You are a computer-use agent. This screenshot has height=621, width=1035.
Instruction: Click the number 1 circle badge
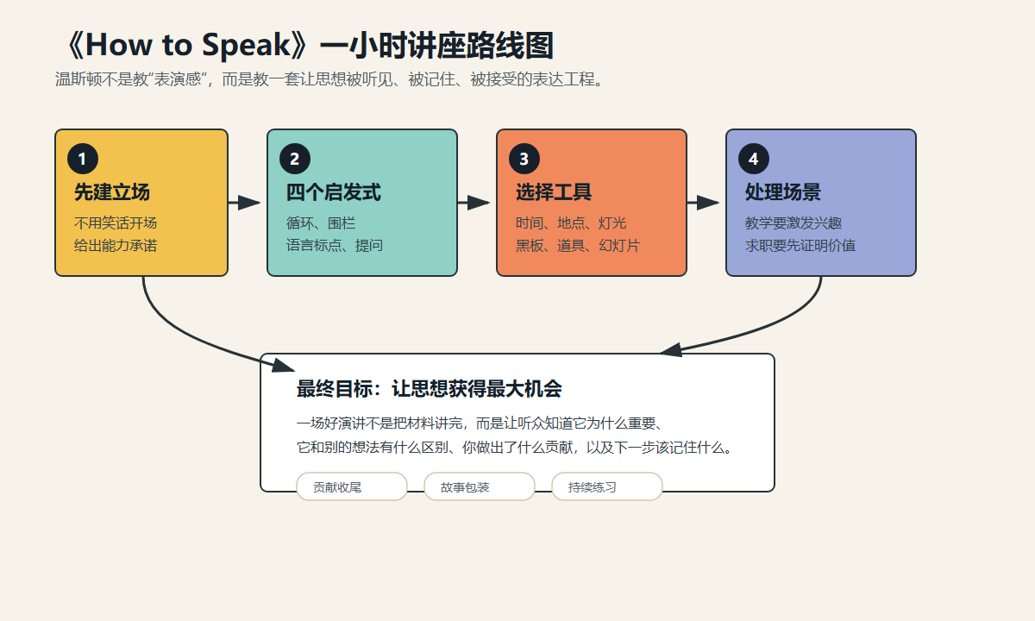(83, 159)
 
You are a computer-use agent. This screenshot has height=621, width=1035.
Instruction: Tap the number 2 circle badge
(295, 159)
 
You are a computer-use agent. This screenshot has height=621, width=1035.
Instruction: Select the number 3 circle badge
(524, 159)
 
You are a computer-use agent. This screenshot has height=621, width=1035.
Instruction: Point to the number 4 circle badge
(754, 159)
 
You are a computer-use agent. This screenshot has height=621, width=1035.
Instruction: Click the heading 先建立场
(112, 192)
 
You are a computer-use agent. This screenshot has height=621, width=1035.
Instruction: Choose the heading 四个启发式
(333, 192)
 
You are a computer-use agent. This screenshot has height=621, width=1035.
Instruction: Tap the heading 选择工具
(554, 192)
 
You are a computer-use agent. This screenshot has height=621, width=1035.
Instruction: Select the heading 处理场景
(783, 192)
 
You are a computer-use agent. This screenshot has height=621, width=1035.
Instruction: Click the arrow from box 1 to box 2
(244, 203)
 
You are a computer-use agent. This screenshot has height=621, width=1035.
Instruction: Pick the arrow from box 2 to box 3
(474, 203)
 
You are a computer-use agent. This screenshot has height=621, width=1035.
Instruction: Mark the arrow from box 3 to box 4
(703, 203)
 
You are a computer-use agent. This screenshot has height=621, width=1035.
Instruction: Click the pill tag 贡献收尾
(352, 486)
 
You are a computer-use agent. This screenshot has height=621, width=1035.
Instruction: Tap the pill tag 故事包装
(480, 486)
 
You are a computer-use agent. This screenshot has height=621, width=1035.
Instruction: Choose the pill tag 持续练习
(607, 486)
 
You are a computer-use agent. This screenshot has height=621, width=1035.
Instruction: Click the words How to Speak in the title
(188, 45)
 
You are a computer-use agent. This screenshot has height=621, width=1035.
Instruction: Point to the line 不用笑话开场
(116, 223)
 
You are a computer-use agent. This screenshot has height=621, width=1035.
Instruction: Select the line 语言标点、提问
(334, 245)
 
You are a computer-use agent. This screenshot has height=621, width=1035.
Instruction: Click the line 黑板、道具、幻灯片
(578, 245)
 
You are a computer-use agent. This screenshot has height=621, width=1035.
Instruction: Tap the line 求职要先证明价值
(800, 245)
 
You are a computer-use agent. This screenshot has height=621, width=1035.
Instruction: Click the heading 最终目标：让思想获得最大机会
(430, 389)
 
